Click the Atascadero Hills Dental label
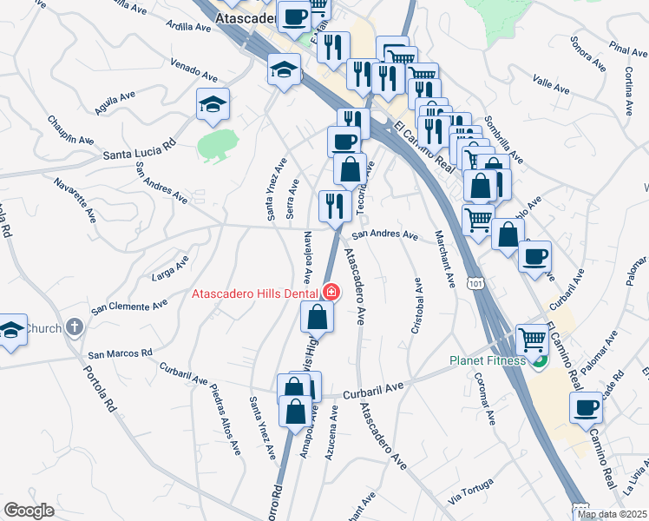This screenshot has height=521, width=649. (254, 293)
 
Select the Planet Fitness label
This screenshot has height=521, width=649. (488, 360)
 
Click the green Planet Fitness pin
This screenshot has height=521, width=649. (539, 361)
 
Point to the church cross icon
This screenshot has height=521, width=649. (75, 328)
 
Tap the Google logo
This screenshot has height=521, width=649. (29, 511)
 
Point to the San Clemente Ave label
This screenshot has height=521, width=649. (129, 307)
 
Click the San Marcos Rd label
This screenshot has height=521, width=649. (120, 354)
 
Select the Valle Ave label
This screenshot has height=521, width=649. (550, 87)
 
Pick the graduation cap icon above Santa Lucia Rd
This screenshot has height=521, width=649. (213, 105)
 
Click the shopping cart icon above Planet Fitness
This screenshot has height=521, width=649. (531, 339)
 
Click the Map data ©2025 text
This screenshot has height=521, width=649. (613, 514)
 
